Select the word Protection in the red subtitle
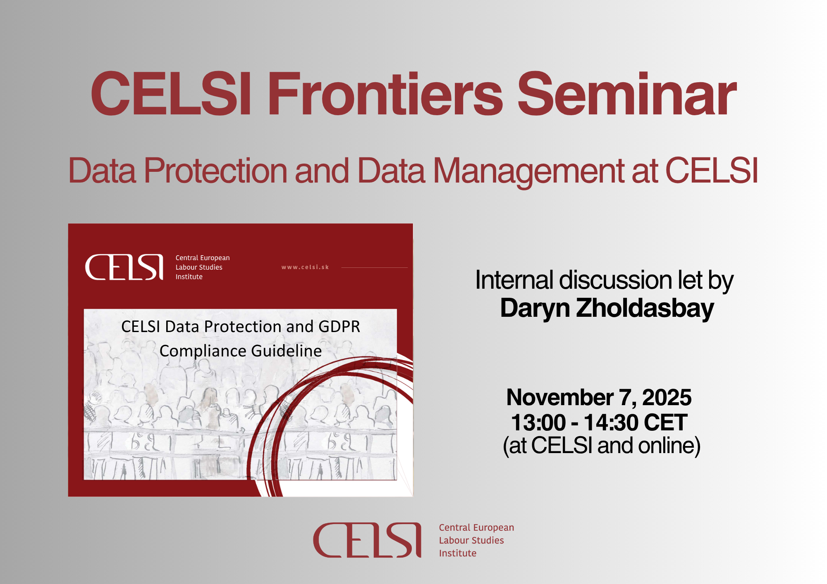pos(215,171)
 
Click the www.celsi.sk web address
pos(305,267)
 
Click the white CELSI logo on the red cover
pos(124,267)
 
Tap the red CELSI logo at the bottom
pos(367,540)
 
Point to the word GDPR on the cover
pos(339,326)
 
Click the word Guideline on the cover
pos(287,351)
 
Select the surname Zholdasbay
pos(645,308)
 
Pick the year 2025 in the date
pos(667,397)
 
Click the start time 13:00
pos(538,423)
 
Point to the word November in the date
pos(560,397)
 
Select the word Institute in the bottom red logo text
pos(458,553)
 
